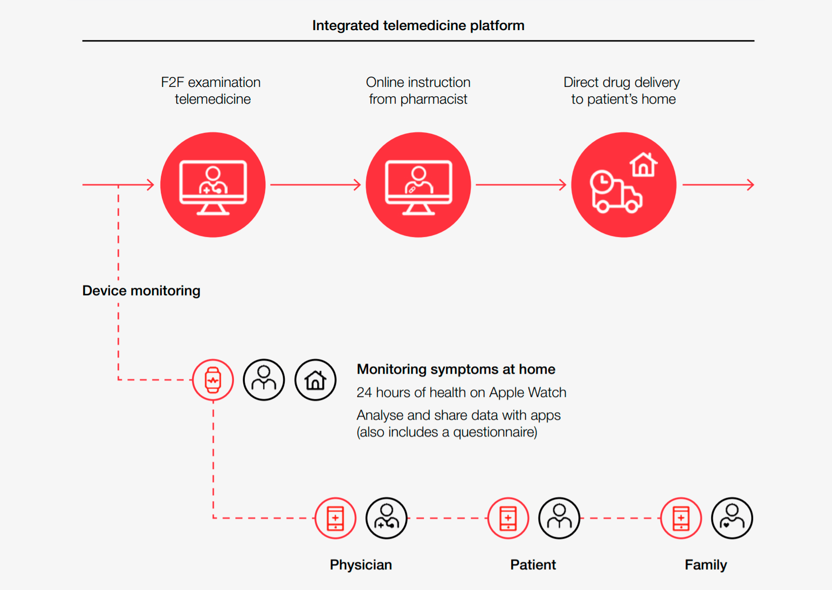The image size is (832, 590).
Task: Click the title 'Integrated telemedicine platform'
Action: tap(418, 26)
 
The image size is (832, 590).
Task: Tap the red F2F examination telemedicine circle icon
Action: tap(213, 185)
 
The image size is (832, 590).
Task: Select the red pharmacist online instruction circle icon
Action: tap(418, 185)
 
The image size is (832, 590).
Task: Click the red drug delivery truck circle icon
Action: tap(624, 185)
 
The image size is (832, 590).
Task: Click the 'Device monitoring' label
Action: tap(141, 290)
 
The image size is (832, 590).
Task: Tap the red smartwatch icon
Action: tap(213, 380)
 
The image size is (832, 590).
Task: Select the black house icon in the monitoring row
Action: tap(315, 380)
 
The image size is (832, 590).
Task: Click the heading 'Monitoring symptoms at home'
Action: tap(456, 369)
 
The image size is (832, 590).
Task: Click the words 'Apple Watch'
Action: tap(528, 393)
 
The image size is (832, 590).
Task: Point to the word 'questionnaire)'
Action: tap(495, 433)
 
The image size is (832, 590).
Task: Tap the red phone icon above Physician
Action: tap(336, 518)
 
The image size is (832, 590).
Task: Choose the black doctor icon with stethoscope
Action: tap(386, 518)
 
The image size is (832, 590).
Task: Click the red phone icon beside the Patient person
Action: tap(508, 518)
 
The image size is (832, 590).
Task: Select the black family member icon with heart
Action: tap(732, 518)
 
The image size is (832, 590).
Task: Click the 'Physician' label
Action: tap(361, 565)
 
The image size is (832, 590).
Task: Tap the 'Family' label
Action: tap(706, 565)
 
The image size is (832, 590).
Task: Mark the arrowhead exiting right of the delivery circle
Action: tap(751, 185)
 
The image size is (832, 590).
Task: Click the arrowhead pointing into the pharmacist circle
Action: tap(357, 185)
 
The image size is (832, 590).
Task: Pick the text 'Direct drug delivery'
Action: tap(621, 82)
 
